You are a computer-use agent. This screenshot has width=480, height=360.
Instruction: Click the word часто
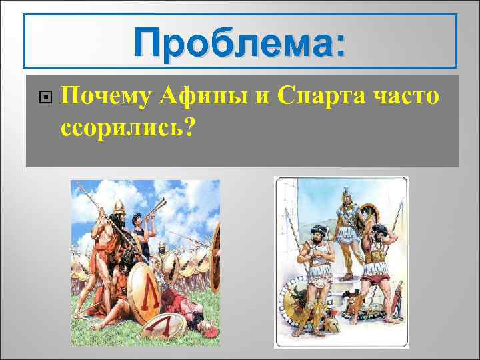pos(407,97)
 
